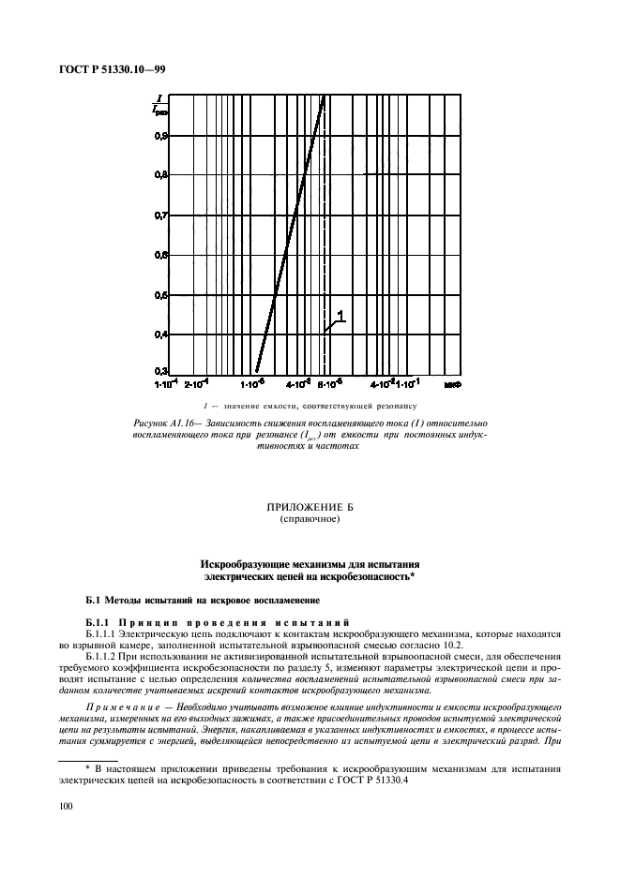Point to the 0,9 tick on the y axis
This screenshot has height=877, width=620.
[161, 135]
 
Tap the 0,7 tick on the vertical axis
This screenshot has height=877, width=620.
[161, 215]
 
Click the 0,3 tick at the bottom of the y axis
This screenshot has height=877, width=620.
[161, 371]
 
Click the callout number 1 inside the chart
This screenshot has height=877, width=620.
[340, 318]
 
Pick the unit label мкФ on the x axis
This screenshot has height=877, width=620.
[453, 383]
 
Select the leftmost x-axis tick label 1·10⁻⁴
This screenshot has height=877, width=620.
[166, 383]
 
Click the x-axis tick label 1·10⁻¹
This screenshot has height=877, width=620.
[409, 383]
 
